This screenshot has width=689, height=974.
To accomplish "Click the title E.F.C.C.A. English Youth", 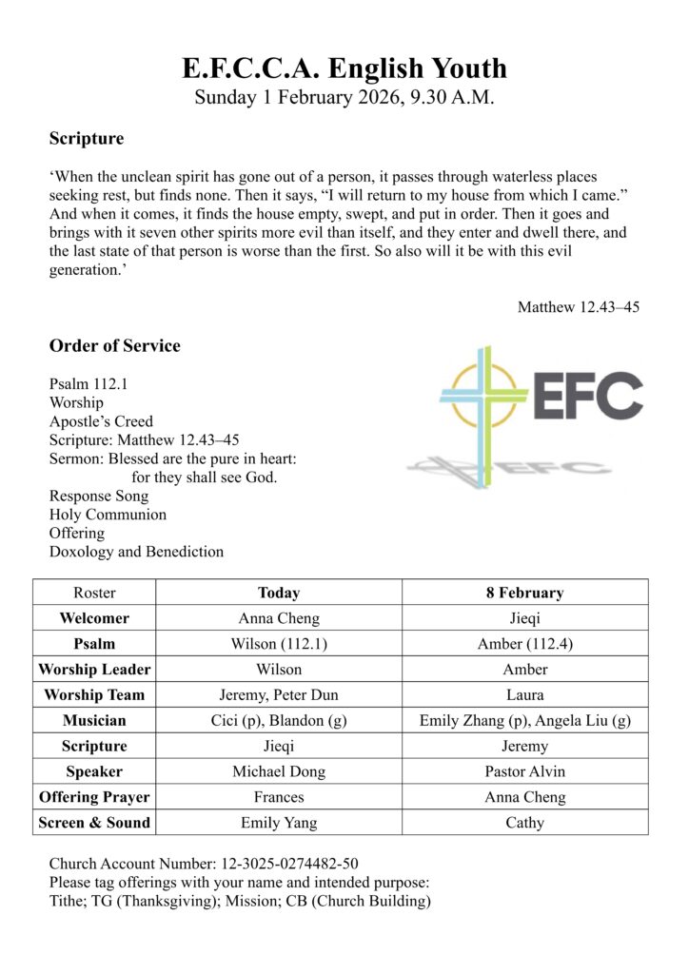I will click(344, 68).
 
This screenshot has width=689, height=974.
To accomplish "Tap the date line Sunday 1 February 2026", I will click(344, 97).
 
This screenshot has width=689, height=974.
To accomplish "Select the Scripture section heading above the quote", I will click(87, 139).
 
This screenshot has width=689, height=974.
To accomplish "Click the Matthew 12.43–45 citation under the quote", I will click(578, 307).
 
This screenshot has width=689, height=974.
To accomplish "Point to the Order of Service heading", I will click(114, 345).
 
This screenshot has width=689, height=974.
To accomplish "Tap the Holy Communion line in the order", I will click(108, 515).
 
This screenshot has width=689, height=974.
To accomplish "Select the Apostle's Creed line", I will click(101, 421).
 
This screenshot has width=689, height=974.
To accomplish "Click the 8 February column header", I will click(524, 593).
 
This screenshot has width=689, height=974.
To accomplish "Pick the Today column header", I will click(279, 593).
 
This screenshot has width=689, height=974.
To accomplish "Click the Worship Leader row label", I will click(94, 669).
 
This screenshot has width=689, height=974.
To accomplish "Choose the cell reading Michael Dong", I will click(279, 771).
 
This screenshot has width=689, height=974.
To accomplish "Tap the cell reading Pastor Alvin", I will click(524, 771).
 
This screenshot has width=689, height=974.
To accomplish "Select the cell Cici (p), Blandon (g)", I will click(279, 720).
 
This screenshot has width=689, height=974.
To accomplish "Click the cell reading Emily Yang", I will click(279, 823).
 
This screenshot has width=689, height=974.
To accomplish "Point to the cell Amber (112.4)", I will click(524, 644).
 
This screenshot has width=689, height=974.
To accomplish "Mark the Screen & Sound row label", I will click(94, 823).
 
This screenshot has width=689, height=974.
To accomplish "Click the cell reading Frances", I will click(279, 797).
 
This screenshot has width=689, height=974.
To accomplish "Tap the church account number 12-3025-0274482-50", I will click(289, 864).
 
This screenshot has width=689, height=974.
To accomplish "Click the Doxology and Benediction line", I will click(136, 552).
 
